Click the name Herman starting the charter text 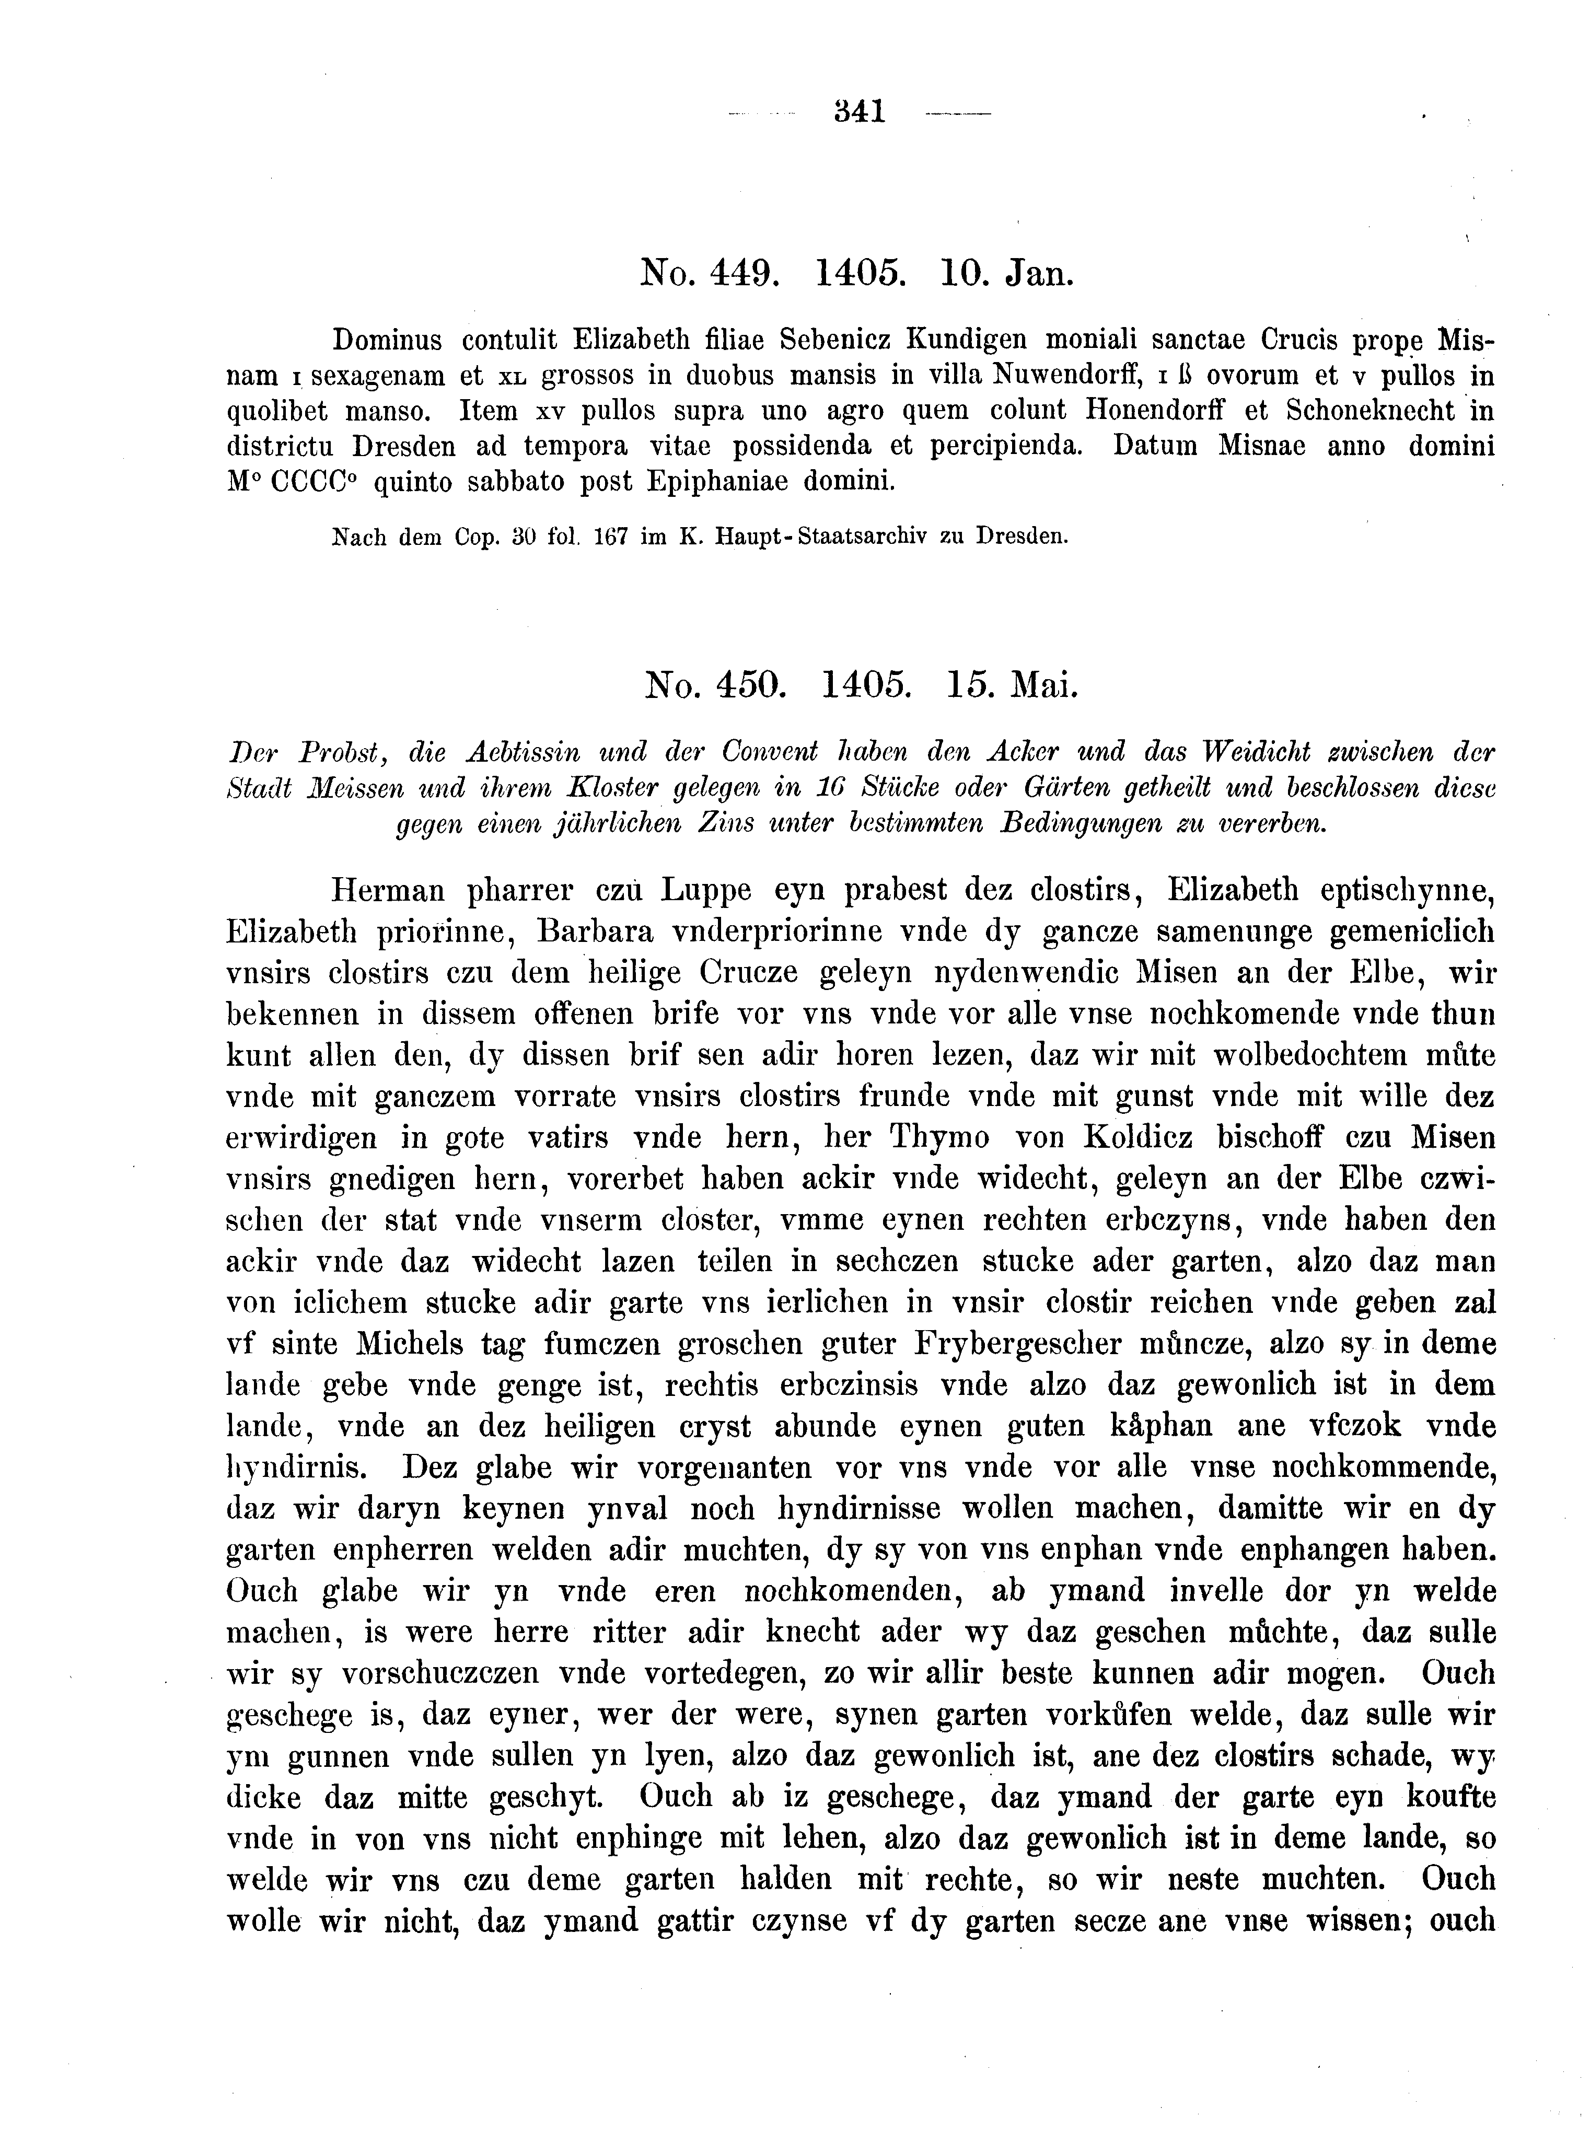pyautogui.click(x=387, y=890)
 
